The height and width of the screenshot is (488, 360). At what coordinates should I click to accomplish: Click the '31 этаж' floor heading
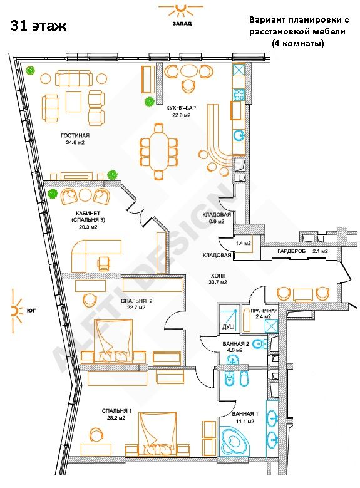(x=39, y=26)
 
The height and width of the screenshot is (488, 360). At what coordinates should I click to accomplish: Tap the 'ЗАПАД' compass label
(x=182, y=23)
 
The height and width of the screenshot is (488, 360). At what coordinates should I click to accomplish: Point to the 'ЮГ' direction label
(x=31, y=310)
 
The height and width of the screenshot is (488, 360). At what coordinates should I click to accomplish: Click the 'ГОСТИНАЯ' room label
(x=75, y=135)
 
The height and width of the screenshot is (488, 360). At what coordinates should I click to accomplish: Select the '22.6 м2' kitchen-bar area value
(x=181, y=115)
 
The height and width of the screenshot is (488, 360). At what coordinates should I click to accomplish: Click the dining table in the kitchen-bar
(x=158, y=151)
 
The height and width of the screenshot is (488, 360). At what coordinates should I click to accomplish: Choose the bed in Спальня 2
(x=114, y=341)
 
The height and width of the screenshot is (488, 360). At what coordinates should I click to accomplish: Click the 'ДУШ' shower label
(x=229, y=327)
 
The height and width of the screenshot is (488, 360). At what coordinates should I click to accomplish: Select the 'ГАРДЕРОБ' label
(x=292, y=251)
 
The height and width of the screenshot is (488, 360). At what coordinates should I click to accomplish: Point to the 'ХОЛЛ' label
(x=218, y=276)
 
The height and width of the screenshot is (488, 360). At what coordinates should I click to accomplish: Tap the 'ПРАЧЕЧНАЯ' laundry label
(x=264, y=310)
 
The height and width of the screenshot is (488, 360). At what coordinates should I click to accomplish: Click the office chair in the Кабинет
(x=104, y=264)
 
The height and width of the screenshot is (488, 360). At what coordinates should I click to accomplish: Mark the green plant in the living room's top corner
(x=31, y=71)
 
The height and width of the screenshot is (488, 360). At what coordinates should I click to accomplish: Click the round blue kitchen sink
(x=239, y=136)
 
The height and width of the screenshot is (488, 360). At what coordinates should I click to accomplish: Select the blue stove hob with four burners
(x=239, y=95)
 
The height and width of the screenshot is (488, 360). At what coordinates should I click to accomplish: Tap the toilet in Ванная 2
(x=260, y=343)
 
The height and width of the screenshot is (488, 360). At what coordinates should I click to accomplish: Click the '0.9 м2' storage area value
(x=217, y=222)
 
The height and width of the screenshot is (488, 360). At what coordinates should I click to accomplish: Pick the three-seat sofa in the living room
(x=74, y=78)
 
